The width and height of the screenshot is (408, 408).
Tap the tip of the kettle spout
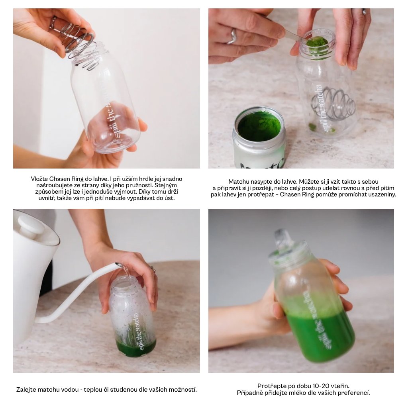coord(119,265)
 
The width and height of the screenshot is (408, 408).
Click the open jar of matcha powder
coord(259,137)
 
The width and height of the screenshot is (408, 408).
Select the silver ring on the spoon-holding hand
coord(232,36)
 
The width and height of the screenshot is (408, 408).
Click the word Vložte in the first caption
coord(39,179)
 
